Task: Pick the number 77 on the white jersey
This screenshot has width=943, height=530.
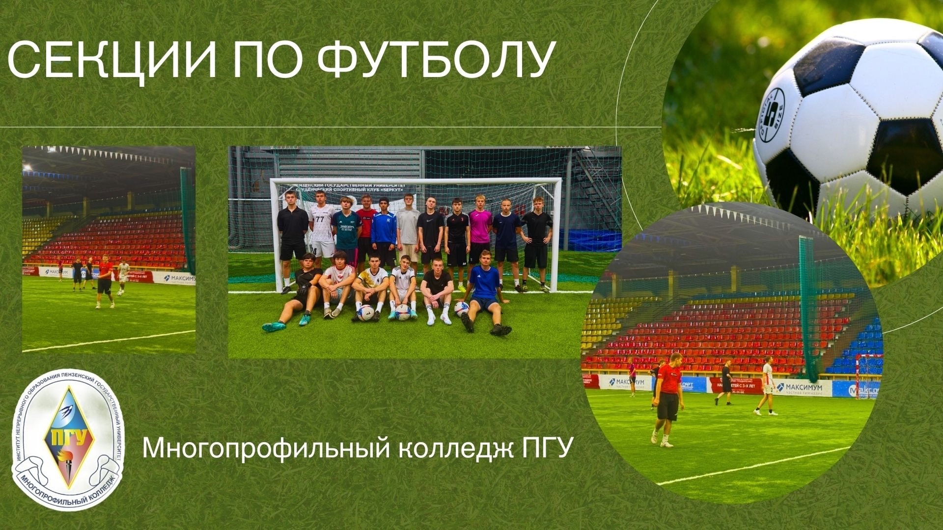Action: coord(320,219)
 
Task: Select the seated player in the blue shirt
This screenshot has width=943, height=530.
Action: coord(484,290)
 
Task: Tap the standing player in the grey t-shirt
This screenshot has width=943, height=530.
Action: coord(409,228)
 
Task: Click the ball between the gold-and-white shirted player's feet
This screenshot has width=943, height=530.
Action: coord(366,313)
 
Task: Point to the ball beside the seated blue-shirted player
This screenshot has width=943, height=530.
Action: coord(461,309)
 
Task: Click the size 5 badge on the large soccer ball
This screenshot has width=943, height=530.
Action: coord(770,116)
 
